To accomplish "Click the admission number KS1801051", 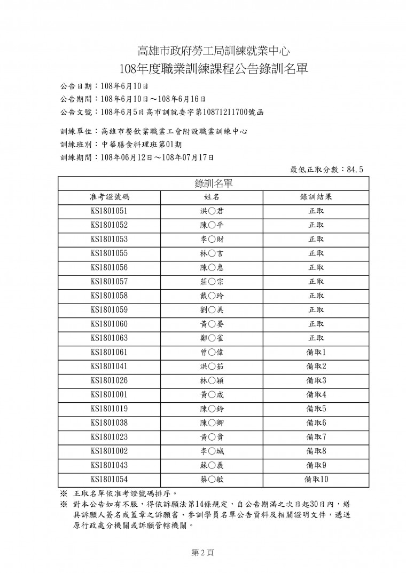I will (x=109, y=211).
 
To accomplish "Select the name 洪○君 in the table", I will (x=212, y=211).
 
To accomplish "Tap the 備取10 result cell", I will (x=316, y=479).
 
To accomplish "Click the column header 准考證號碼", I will (x=109, y=197).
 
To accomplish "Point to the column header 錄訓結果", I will (x=316, y=197).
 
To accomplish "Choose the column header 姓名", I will (x=212, y=197).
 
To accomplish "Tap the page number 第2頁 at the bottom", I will (x=202, y=553).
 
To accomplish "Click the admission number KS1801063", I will (x=109, y=338).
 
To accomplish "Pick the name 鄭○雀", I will (x=212, y=338).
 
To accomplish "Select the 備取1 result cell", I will (x=316, y=352).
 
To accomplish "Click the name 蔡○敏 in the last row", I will (x=212, y=479).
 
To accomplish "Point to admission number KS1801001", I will (x=109, y=394).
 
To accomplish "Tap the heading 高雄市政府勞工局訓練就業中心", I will (x=214, y=51).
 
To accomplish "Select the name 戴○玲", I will (x=212, y=296).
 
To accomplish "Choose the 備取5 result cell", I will (x=316, y=409).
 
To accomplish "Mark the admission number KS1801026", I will (x=109, y=380).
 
